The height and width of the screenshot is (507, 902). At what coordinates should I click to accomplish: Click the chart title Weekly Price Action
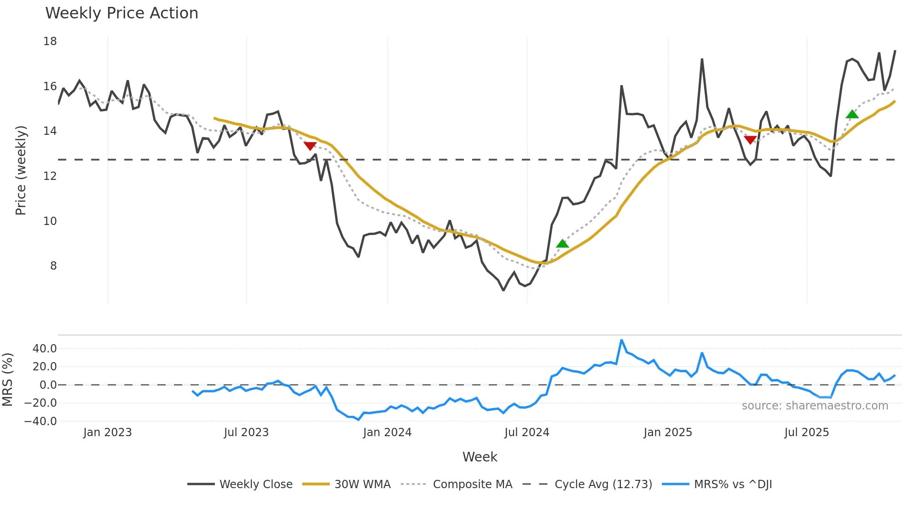point(121,13)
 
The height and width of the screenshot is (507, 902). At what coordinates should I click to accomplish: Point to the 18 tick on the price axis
point(50,41)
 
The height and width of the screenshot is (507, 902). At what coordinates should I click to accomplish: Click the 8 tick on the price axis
point(53,266)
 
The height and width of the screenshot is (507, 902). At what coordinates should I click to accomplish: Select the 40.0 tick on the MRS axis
point(45,349)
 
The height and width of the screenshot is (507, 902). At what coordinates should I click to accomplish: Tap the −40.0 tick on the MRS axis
point(40,421)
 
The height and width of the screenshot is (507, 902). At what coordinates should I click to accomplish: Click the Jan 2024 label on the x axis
point(387,432)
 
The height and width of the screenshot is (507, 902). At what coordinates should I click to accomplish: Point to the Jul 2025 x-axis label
point(806,432)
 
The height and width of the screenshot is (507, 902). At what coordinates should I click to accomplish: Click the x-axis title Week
point(480,457)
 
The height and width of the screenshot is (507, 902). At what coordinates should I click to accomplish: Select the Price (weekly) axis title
point(21,170)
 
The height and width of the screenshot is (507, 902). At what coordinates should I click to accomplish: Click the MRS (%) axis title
point(7,380)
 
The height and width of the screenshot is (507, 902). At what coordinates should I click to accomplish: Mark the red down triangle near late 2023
point(310,146)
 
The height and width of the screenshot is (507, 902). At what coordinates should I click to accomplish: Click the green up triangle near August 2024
point(562,244)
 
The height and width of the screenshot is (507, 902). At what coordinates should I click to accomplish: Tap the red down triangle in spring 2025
point(750,140)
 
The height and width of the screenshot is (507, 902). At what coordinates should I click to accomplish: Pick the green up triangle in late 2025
point(852,115)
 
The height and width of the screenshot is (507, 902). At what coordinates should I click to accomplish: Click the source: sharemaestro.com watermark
point(815,406)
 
